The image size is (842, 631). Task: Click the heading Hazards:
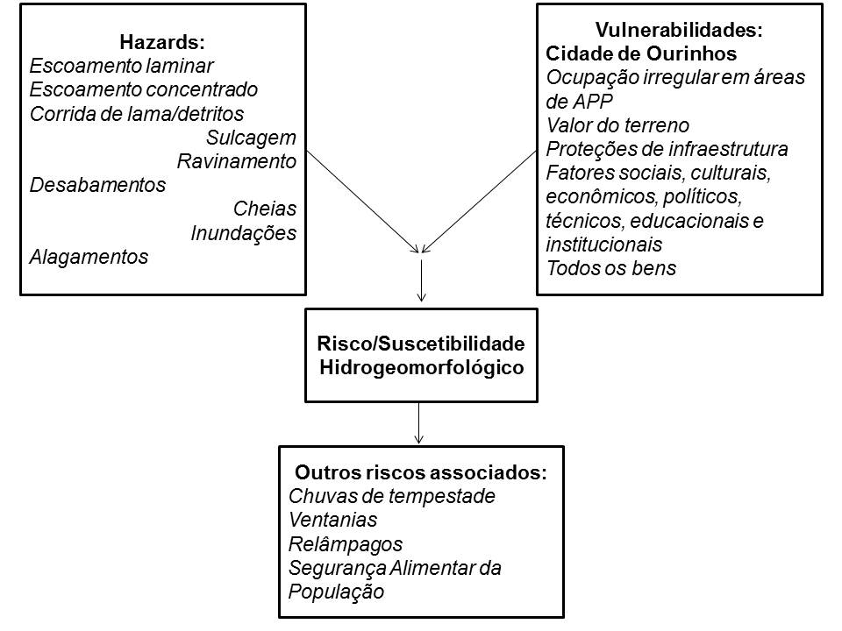pyautogui.click(x=162, y=42)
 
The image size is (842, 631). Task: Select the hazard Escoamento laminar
pyautogui.click(x=121, y=66)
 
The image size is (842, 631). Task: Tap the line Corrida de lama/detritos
pyautogui.click(x=137, y=114)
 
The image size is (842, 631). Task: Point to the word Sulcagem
pyautogui.click(x=252, y=138)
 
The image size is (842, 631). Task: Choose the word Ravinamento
pyautogui.click(x=237, y=161)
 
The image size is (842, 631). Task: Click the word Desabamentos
pyautogui.click(x=97, y=185)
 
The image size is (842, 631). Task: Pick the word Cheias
pyautogui.click(x=265, y=209)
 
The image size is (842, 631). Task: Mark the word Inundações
pyautogui.click(x=244, y=233)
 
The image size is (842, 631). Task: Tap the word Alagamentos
pyautogui.click(x=89, y=257)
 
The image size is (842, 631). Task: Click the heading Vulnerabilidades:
pyautogui.click(x=679, y=30)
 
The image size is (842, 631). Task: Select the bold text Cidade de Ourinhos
pyautogui.click(x=641, y=53)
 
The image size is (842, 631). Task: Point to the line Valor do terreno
pyautogui.click(x=617, y=125)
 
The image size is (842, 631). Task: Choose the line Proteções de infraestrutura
pyautogui.click(x=667, y=149)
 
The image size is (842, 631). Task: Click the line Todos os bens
pyautogui.click(x=611, y=268)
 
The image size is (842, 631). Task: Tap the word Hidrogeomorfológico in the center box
pyautogui.click(x=422, y=367)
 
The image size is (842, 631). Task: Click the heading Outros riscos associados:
pyautogui.click(x=421, y=472)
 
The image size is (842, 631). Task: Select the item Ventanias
pyautogui.click(x=333, y=520)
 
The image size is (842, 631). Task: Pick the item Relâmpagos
pyautogui.click(x=346, y=544)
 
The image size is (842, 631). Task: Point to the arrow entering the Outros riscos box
pyautogui.click(x=419, y=422)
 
